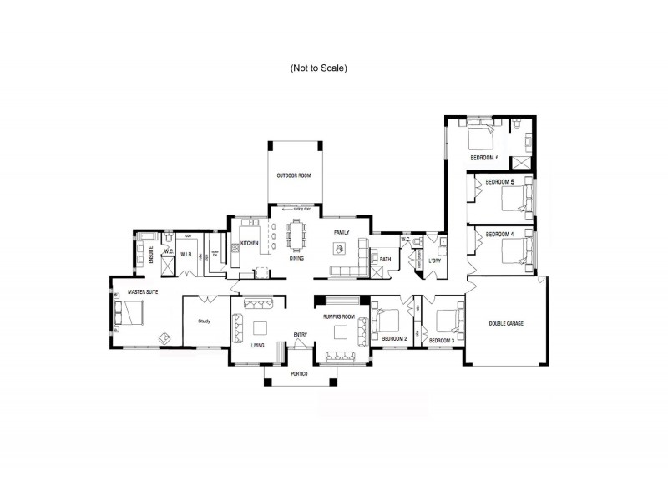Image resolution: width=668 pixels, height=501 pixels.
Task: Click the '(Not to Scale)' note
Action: coord(317,67)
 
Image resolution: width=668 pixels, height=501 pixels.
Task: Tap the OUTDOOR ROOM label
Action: coord(294,175)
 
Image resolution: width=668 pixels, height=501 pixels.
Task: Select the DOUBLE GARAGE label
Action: coord(506,322)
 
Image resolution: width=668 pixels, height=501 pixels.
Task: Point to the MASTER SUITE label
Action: coord(137,292)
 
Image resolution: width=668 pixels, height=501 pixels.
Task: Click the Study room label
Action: coord(203,321)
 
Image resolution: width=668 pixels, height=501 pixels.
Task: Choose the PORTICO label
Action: coord(299,373)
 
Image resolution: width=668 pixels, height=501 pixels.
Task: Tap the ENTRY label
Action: coord(301,335)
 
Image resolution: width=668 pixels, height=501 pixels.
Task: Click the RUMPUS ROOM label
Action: coord(340,317)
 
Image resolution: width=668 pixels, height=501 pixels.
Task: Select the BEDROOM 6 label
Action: coord(484,158)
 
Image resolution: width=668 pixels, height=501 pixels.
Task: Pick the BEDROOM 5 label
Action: coord(499,181)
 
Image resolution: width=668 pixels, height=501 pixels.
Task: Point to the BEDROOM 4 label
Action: coord(499,234)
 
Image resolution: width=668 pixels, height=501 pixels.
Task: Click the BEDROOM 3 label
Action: coord(441,341)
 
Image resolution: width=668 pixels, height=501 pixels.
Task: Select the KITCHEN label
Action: coord(250,244)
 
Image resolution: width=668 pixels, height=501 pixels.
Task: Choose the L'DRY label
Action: coord(434,261)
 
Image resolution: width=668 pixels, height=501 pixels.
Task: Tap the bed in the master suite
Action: coord(130,313)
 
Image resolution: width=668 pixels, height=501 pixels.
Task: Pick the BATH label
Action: coord(385,260)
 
